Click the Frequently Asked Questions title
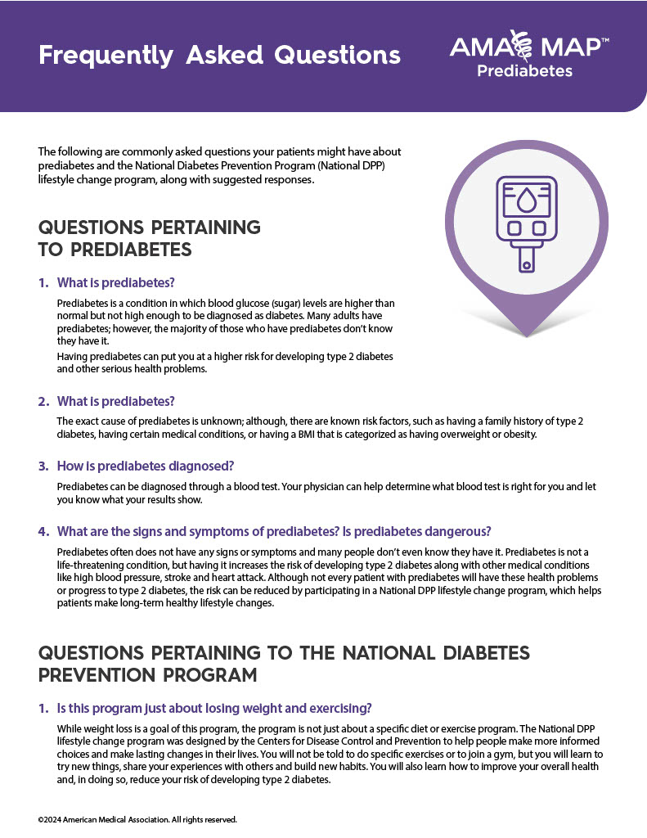click(219, 55)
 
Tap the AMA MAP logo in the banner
click(528, 46)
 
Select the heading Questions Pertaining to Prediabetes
click(149, 237)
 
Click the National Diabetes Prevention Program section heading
click(284, 664)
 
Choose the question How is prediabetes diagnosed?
click(146, 466)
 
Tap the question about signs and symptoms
click(273, 531)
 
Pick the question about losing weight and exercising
click(216, 708)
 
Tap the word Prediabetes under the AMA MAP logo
click(524, 70)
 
